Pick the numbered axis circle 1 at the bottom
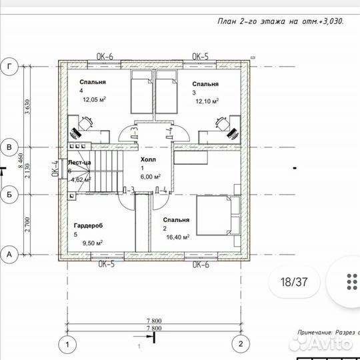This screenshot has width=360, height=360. click(66, 344)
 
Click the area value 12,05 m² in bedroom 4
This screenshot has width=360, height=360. click(95, 99)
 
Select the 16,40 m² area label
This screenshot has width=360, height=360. click(177, 236)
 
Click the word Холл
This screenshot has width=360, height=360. click(147, 161)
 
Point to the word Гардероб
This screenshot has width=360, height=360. click(87, 226)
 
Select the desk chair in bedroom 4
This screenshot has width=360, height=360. click(85, 123)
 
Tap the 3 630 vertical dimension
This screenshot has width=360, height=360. click(27, 106)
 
